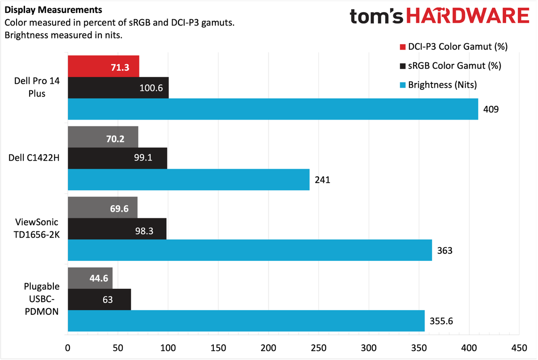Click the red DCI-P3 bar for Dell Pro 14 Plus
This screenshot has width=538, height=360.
[x=103, y=66]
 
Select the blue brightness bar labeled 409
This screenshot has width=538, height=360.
[x=273, y=109]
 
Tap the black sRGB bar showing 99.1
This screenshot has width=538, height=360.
[x=117, y=158]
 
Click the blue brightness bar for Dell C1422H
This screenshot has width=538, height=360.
[x=188, y=179]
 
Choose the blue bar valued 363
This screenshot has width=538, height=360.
[x=249, y=250]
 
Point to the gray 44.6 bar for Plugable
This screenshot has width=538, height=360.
[x=90, y=278]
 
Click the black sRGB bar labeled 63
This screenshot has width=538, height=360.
[x=99, y=299]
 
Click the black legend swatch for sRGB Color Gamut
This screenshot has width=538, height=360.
[x=401, y=66]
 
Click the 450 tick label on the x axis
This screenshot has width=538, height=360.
[x=519, y=348]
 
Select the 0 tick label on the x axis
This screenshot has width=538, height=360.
[x=68, y=348]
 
